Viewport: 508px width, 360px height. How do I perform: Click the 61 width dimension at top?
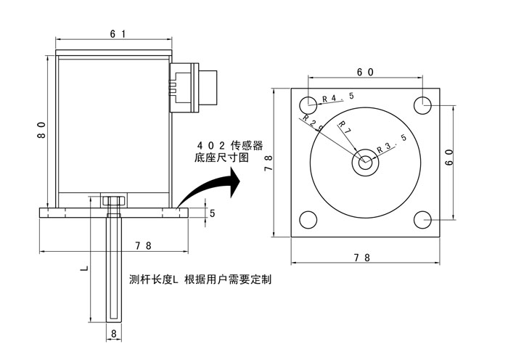click(117, 34)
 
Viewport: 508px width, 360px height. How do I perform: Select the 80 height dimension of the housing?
click(42, 131)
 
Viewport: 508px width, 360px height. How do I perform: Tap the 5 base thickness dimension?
click(212, 213)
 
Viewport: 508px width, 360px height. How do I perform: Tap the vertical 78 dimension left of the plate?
click(269, 162)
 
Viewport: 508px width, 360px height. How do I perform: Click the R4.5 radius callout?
click(337, 97)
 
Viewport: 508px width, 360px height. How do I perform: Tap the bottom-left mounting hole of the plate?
click(307, 220)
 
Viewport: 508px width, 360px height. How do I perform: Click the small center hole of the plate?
click(364, 162)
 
